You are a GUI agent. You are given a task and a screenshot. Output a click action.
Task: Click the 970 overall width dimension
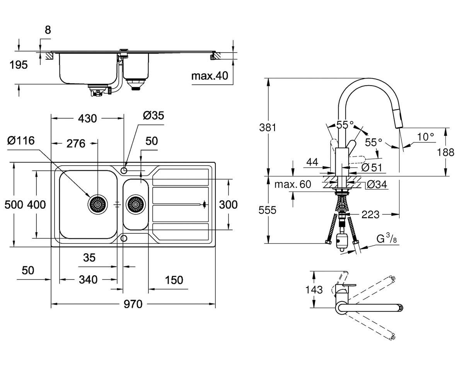coord(133,304)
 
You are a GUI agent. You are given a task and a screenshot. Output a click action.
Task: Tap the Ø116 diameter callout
coord(21,140)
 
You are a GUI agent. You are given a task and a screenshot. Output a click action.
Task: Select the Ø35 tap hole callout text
coord(154,115)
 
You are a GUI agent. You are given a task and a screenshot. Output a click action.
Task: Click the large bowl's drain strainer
coord(97,204)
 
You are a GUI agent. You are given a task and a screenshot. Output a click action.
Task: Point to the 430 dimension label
coord(87,118)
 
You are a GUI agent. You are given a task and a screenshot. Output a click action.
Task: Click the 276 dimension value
coord(76,144)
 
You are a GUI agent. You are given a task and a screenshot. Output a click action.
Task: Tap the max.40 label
coord(210,76)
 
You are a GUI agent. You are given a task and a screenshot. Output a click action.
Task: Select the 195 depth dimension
coord(19,65)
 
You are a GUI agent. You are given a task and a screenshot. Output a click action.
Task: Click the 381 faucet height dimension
coord(268,127)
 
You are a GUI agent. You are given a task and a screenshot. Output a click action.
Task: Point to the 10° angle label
coord(426,137)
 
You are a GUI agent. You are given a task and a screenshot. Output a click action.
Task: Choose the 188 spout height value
coord(445,152)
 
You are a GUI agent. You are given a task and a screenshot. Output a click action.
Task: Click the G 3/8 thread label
coord(386,239)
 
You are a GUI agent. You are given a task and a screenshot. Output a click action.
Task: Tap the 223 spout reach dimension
coord(370,215)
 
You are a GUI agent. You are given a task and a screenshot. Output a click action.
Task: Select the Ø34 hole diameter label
coord(377,184)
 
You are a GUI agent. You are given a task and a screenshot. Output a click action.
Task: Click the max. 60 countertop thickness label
coord(293,184)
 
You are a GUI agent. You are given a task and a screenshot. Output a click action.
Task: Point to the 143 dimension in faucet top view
coord(314,290)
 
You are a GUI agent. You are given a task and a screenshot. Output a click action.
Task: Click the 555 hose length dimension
coord(267,210)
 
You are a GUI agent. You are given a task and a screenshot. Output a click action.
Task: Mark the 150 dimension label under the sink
coord(174,280)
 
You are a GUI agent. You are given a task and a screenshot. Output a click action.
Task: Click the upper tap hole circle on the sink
coord(124,171)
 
